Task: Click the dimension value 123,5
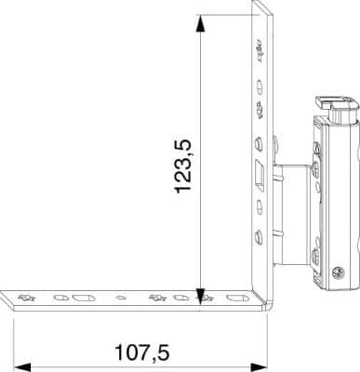point(183,166)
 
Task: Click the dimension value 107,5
point(142,352)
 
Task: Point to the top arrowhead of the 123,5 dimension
point(201,23)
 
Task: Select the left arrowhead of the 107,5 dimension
point(22,368)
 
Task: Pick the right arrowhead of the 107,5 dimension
point(259,368)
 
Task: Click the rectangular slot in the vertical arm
point(259,175)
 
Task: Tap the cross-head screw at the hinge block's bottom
point(338,272)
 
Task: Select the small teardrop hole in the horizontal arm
point(121,298)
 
